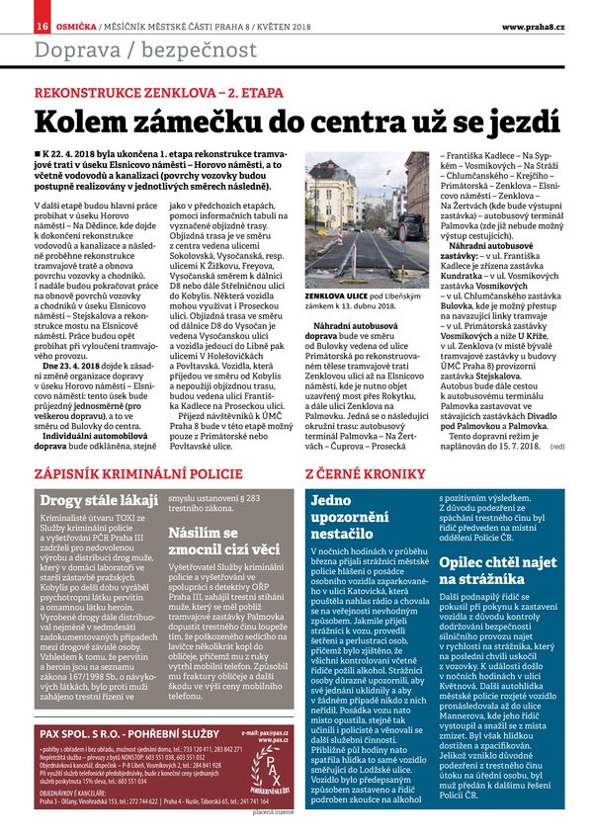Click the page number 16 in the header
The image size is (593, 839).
click(16, 24)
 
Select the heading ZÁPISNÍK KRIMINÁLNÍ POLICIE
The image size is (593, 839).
click(125, 475)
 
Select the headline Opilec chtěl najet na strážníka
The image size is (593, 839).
click(490, 570)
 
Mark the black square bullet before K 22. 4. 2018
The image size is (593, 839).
click(38, 155)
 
